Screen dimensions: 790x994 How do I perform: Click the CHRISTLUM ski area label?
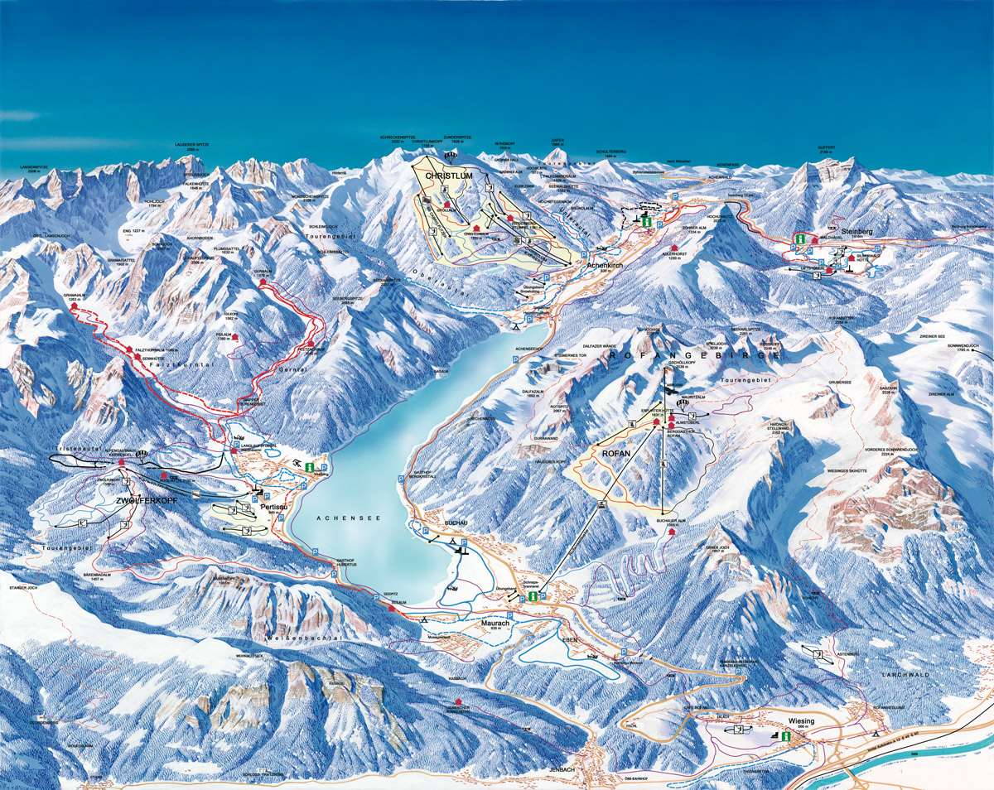point(448,176)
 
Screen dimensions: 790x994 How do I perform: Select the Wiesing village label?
point(801,721)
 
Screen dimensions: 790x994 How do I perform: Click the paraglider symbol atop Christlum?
point(451,156)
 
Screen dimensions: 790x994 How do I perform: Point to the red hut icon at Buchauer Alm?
point(672,532)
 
